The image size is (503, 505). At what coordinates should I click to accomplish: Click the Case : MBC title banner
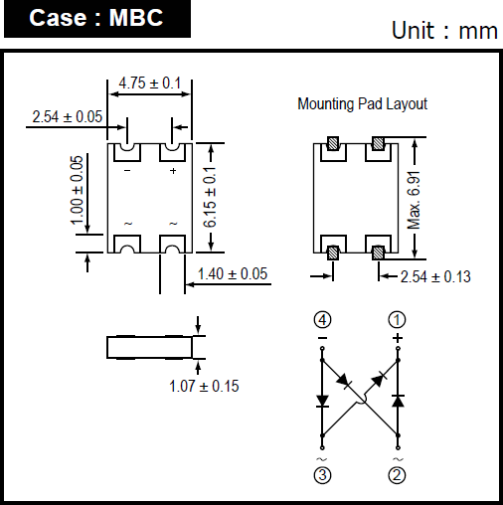[x=97, y=19]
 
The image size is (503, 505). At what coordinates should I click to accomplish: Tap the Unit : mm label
[x=444, y=31]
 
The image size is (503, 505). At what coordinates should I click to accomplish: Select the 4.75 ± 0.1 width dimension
[x=150, y=84]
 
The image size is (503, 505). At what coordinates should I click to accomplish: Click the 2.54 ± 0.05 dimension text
[x=68, y=116]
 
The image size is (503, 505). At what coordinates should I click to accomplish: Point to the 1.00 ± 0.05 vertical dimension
[x=77, y=190]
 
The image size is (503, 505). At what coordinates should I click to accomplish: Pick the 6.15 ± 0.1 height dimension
[x=210, y=197]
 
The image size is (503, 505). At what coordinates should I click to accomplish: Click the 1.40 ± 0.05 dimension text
[x=233, y=274]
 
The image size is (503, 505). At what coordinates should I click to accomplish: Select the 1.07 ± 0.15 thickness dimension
[x=204, y=386]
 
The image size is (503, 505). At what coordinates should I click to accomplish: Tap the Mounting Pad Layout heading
[x=363, y=104]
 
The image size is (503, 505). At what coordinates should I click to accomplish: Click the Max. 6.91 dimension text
[x=414, y=200]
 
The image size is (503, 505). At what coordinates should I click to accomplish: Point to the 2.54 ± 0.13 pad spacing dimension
[x=435, y=276]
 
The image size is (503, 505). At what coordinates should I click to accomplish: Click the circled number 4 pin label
[x=322, y=320]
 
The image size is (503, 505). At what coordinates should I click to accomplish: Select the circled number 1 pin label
[x=397, y=320]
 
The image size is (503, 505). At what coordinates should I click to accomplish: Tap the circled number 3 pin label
[x=322, y=475]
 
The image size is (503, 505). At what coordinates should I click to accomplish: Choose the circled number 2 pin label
[x=397, y=475]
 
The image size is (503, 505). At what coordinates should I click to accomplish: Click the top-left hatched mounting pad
[x=333, y=143]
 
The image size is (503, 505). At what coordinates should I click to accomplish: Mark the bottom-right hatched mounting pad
[x=378, y=252]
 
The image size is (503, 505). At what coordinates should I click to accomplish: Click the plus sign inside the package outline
[x=173, y=171]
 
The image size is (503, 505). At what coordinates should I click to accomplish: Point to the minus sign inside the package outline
[x=127, y=171]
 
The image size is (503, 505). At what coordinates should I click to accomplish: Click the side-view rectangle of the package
[x=149, y=348]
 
